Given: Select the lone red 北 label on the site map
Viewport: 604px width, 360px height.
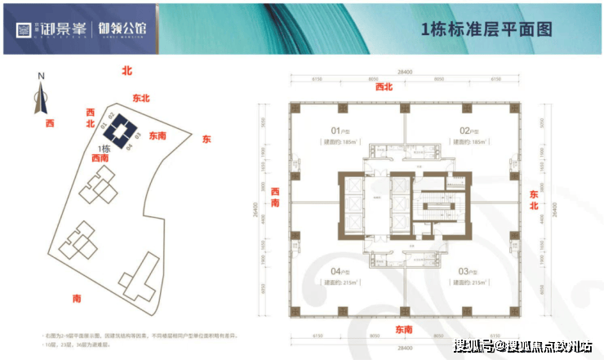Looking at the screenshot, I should pos(126,72).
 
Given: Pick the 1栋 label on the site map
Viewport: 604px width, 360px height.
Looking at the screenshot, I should pos(104,148).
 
